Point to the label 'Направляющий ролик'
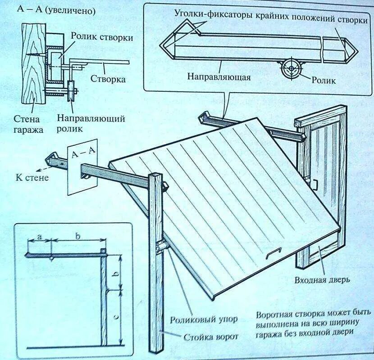pos(91,124)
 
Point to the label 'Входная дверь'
pos(322,281)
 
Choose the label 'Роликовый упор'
pos(203,320)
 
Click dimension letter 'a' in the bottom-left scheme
pos(39,236)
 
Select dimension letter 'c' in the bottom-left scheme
pos(116,317)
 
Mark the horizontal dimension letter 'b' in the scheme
pos(77,236)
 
